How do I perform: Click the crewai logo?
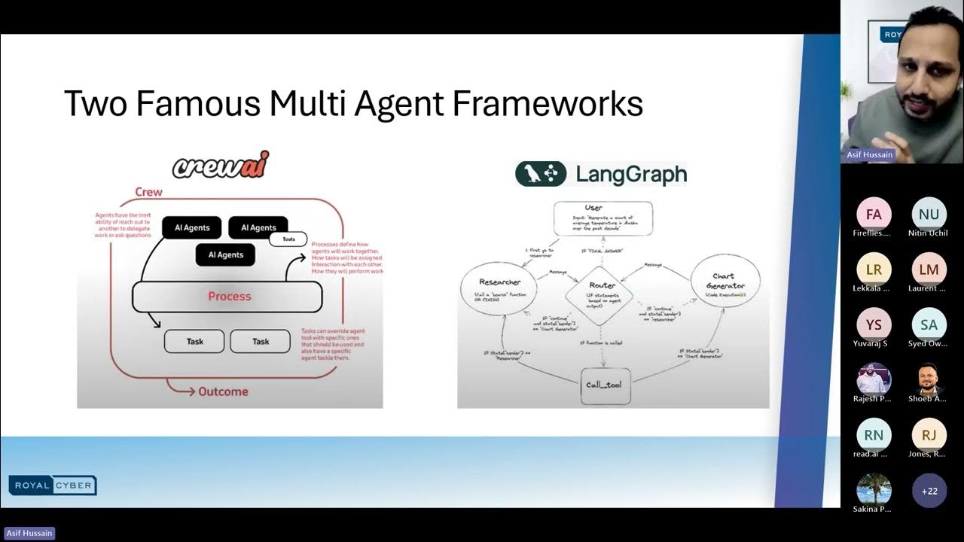(x=221, y=165)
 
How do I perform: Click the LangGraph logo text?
(x=631, y=174)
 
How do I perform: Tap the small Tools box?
(x=288, y=239)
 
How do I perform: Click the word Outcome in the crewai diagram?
(x=222, y=391)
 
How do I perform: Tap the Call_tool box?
(x=604, y=385)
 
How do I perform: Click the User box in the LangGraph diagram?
(x=602, y=218)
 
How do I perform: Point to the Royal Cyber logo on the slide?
(x=53, y=486)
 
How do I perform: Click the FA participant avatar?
(x=874, y=215)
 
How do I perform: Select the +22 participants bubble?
(x=929, y=491)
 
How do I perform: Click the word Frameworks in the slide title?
(x=548, y=104)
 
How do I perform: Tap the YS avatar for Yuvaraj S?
(x=874, y=324)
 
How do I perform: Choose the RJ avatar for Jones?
(x=929, y=435)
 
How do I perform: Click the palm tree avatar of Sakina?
(x=874, y=490)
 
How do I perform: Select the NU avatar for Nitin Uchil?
(x=929, y=215)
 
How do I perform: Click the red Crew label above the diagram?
(x=148, y=192)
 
